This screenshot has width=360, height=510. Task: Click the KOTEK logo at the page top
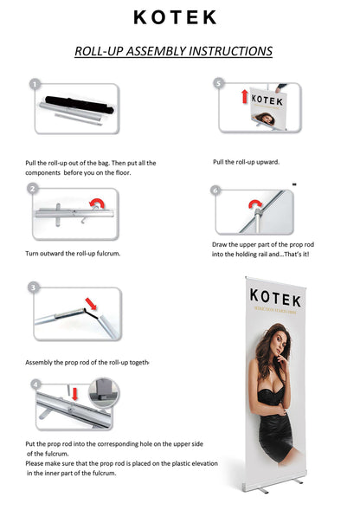pos(175,17)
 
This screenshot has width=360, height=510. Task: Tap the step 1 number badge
pos(34,85)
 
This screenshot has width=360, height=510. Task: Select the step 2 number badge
pos(33,188)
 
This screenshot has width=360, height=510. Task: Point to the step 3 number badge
pos(34,287)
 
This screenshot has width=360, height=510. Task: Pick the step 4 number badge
pos(35,384)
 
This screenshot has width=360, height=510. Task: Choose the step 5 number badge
pos(219,83)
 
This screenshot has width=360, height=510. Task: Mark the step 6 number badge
pos(215,190)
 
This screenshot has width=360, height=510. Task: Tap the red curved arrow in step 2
pos(98,204)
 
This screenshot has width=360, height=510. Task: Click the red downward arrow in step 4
pos(75,395)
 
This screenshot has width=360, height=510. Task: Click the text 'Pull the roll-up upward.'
pos(246,162)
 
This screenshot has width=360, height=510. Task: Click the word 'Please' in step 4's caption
pos(37,463)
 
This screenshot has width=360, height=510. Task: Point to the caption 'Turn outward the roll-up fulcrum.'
pos(73,253)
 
